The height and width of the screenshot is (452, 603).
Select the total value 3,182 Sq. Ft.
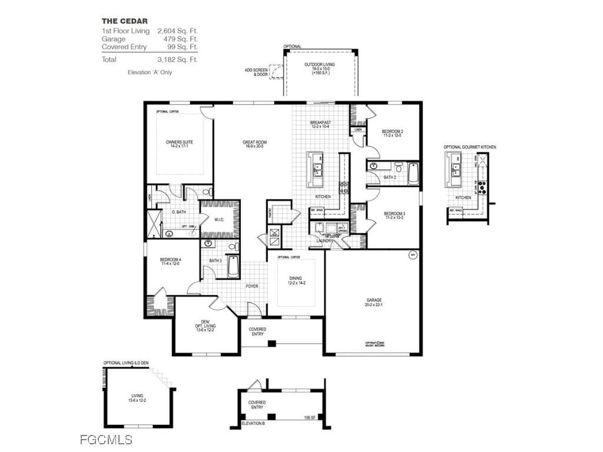177,59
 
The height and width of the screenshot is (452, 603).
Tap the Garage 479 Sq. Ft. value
183,38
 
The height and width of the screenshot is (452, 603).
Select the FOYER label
252,286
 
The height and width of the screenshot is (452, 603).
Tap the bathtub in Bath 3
233,267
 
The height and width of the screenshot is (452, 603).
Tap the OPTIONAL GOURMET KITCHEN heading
469,147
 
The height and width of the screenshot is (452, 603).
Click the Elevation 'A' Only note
150,72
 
